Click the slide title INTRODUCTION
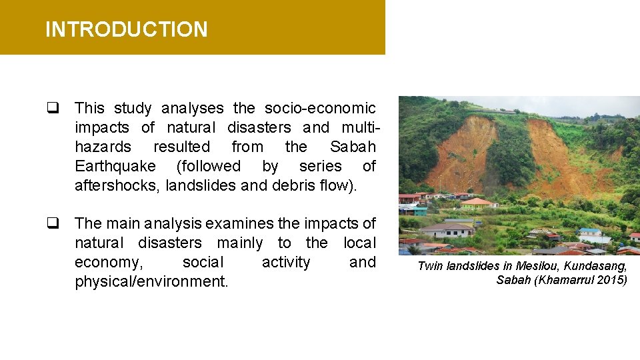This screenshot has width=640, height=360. (x=126, y=29)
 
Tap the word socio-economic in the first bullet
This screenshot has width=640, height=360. (x=320, y=108)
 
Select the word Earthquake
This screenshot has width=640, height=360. (x=115, y=166)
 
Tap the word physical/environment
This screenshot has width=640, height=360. (x=151, y=281)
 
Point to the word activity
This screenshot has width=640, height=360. (x=285, y=262)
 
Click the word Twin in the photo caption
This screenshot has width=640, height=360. (x=431, y=266)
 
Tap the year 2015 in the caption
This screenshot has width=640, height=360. (x=611, y=279)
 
